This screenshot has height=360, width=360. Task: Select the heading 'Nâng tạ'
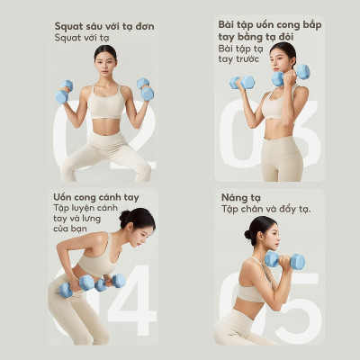click(243, 196)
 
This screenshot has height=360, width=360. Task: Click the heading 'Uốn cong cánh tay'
click(100, 196)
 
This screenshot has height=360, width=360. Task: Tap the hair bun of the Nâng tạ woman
click(247, 233)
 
